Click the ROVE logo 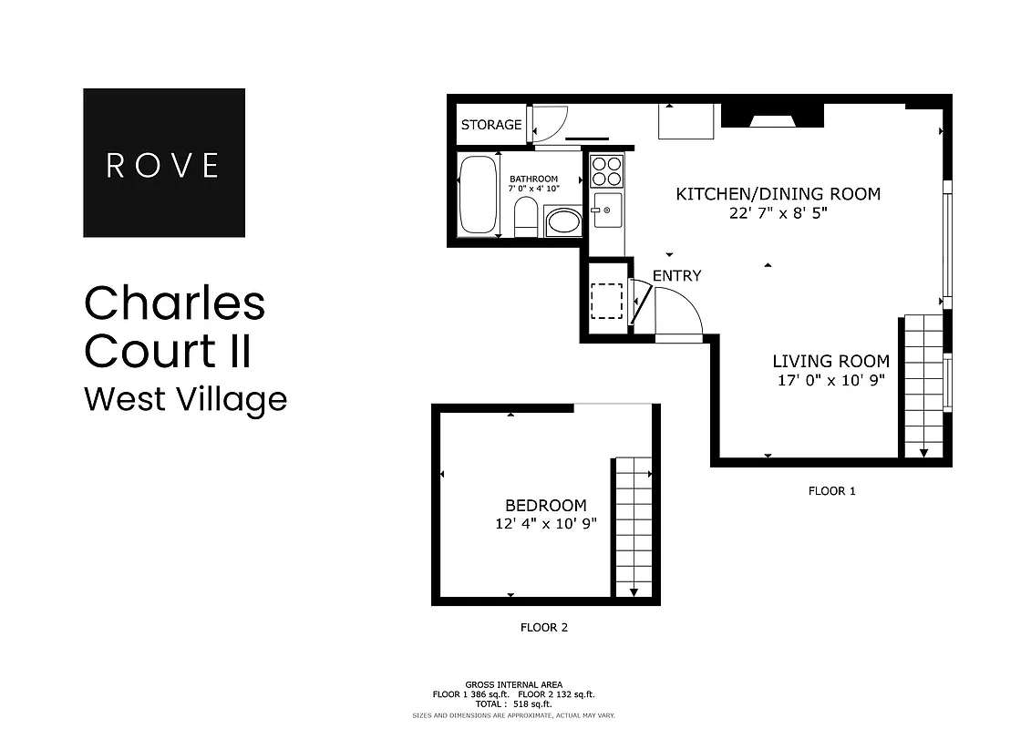click(164, 163)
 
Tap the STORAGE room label click(490, 125)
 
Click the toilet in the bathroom click(526, 218)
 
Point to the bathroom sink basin click(562, 221)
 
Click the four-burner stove click(606, 171)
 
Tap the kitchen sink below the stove click(606, 210)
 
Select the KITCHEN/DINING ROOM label click(778, 193)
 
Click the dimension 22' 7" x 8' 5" click(778, 213)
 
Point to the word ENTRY click(676, 275)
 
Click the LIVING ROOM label click(830, 361)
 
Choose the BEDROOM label click(546, 505)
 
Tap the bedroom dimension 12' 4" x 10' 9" click(546, 524)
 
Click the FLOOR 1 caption click(831, 491)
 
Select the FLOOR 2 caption click(543, 627)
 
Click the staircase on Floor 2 click(634, 527)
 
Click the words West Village click(185, 399)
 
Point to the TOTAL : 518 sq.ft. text click(515, 703)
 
